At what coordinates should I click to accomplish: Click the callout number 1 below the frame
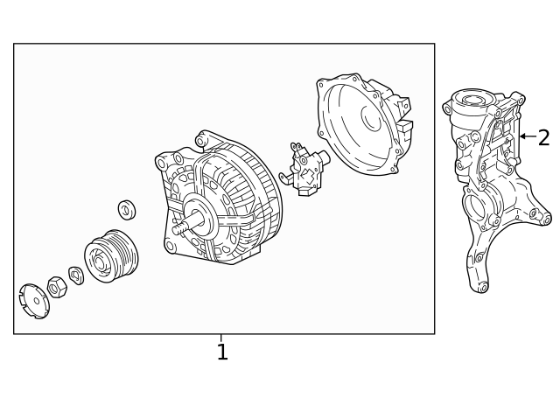222,353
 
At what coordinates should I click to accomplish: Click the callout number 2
543,137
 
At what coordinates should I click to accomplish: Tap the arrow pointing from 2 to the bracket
527,136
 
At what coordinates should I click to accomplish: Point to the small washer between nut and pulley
76,276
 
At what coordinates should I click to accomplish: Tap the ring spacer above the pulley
127,210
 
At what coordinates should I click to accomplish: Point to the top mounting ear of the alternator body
204,138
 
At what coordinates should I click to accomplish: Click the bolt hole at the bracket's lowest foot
480,286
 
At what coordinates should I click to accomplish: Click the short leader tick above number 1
221,338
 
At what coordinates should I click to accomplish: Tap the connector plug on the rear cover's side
403,126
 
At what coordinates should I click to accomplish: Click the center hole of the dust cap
33,300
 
